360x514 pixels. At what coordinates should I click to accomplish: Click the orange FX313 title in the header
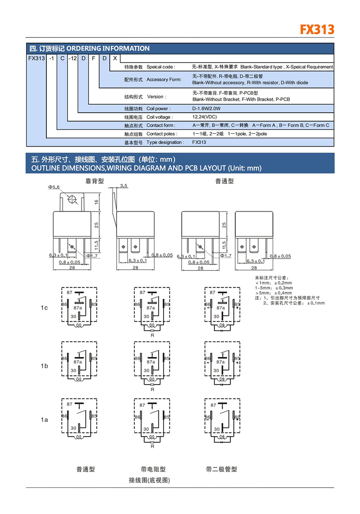pyautogui.click(x=317, y=30)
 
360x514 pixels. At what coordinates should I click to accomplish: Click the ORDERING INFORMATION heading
pyautogui.click(x=108, y=49)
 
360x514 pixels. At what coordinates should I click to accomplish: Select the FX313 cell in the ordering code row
pyautogui.click(x=36, y=58)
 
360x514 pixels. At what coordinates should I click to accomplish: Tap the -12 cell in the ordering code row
pyautogui.click(x=73, y=58)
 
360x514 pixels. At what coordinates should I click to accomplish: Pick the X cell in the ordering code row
pyautogui.click(x=115, y=58)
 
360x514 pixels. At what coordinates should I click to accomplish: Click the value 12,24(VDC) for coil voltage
pyautogui.click(x=204, y=117)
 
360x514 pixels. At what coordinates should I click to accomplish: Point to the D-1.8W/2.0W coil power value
pyautogui.click(x=206, y=109)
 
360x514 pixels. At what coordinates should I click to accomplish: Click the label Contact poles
pyautogui.click(x=161, y=134)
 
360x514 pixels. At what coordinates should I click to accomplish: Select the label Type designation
pyautogui.click(x=165, y=143)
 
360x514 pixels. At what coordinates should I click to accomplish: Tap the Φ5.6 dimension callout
pyautogui.click(x=54, y=187)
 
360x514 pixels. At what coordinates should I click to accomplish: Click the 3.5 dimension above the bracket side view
pyautogui.click(x=124, y=186)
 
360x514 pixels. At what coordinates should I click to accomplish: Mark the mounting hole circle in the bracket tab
pyautogui.click(x=72, y=200)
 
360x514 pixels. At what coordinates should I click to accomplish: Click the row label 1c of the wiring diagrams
pyautogui.click(x=44, y=308)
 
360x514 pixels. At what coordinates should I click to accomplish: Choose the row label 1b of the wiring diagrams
pyautogui.click(x=44, y=366)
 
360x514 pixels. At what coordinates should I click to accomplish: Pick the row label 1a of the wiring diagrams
pyautogui.click(x=44, y=420)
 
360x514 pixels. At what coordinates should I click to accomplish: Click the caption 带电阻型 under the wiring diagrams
pyautogui.click(x=153, y=469)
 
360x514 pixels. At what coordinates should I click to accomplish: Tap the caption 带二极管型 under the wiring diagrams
pyautogui.click(x=221, y=469)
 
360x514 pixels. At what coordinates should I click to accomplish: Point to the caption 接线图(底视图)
pyautogui.click(x=149, y=480)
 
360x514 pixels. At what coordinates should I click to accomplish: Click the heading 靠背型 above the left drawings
pyautogui.click(x=94, y=181)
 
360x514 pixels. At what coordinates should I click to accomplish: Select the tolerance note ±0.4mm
pyautogui.click(x=283, y=293)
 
